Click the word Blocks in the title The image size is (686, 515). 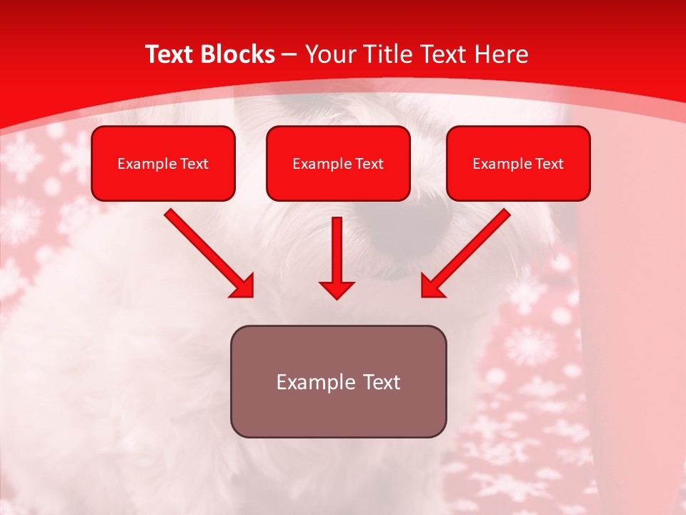click(x=238, y=54)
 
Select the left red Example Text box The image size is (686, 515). click(x=163, y=163)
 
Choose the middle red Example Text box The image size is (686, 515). click(x=338, y=163)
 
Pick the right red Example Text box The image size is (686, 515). click(x=518, y=163)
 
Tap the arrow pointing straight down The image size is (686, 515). click(x=337, y=257)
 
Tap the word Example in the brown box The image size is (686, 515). click(x=315, y=382)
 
